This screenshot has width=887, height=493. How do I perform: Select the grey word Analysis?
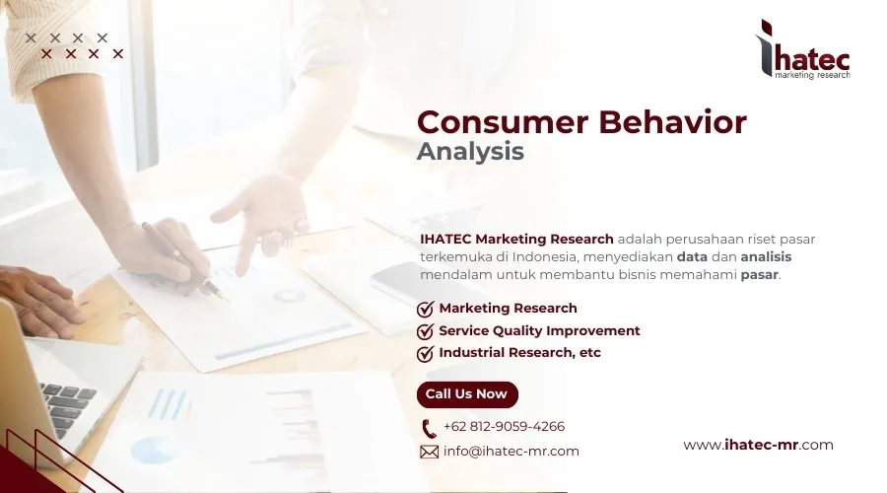pyautogui.click(x=470, y=152)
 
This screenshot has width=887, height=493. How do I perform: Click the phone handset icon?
pyautogui.click(x=429, y=428)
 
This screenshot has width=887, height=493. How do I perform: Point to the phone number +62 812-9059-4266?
pyautogui.click(x=504, y=427)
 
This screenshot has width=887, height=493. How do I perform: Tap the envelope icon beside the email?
pyautogui.click(x=429, y=452)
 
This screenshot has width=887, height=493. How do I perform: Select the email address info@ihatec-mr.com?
pyautogui.click(x=511, y=452)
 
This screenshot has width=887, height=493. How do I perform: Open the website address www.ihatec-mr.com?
pyautogui.click(x=758, y=445)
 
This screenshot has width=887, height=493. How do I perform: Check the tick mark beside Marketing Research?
pyautogui.click(x=426, y=309)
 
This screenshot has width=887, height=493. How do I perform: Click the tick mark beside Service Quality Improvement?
pyautogui.click(x=426, y=331)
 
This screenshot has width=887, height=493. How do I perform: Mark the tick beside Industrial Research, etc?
pyautogui.click(x=426, y=353)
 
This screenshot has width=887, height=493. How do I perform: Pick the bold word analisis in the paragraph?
pyautogui.click(x=766, y=256)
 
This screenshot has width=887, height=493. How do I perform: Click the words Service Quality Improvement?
pyautogui.click(x=539, y=331)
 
